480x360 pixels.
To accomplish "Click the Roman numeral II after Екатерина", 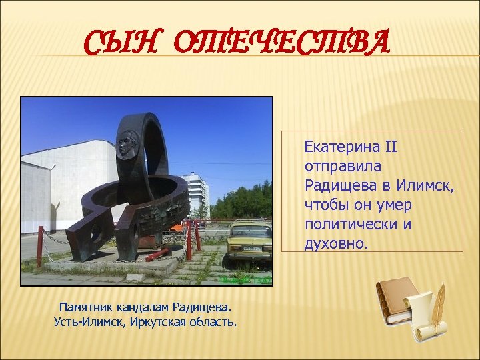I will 390,145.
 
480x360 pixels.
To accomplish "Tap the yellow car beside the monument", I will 249,245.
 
